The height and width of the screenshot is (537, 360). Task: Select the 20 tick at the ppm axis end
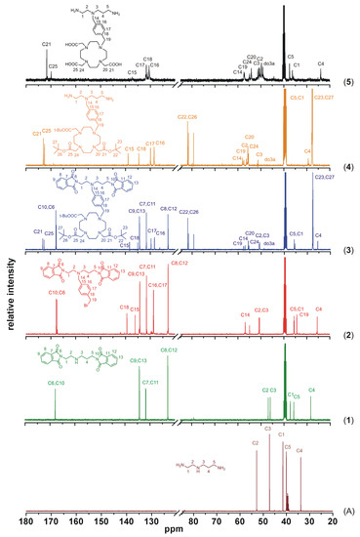click(334, 518)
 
